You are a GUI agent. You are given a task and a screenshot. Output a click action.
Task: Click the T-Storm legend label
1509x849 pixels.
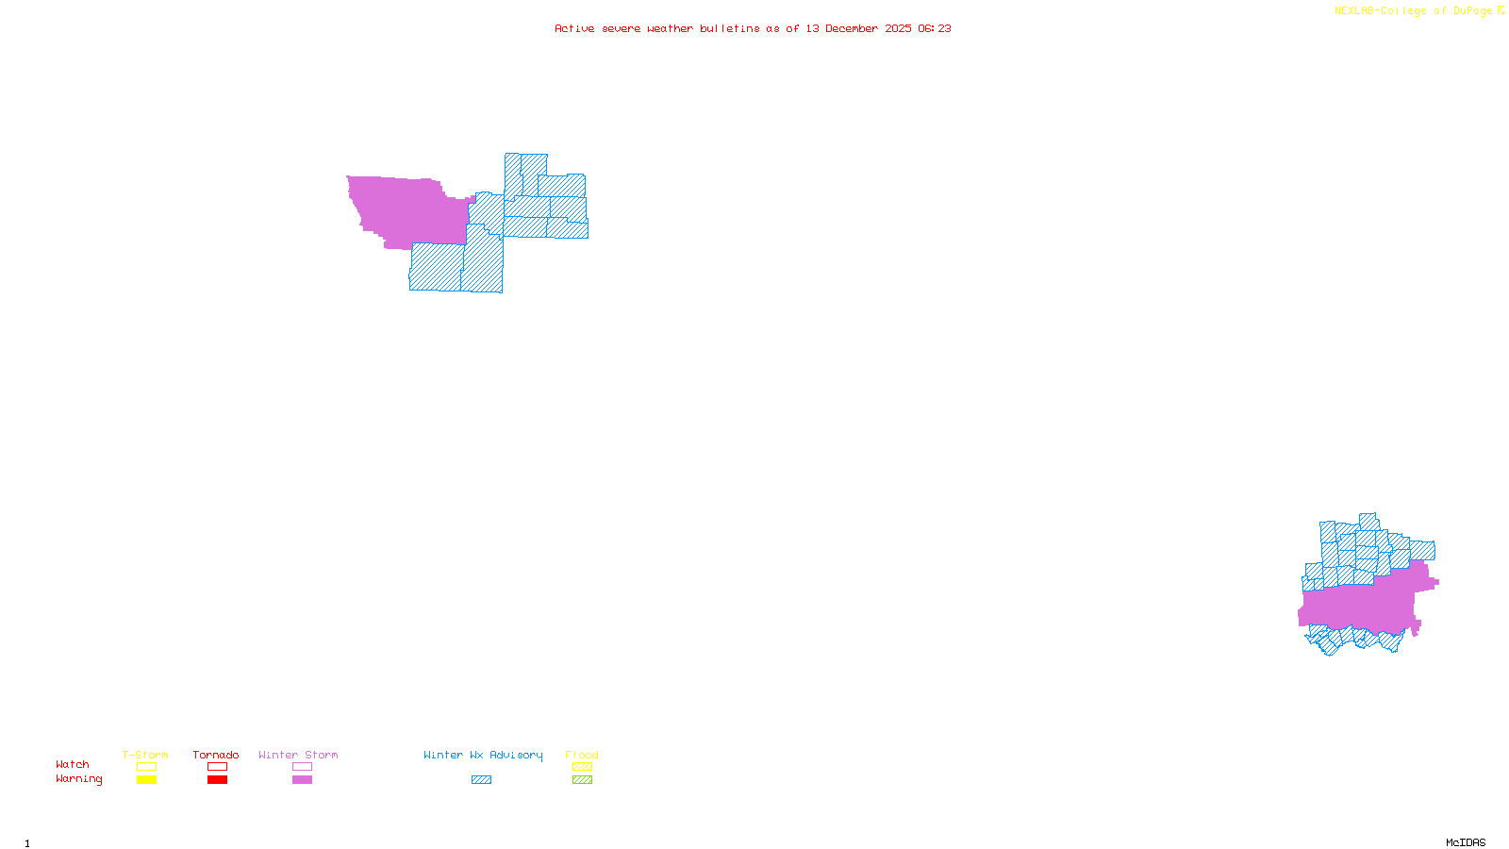coord(145,755)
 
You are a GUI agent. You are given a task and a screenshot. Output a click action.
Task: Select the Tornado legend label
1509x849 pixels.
coord(216,755)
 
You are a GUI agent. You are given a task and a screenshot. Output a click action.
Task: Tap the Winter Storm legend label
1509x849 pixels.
coord(298,755)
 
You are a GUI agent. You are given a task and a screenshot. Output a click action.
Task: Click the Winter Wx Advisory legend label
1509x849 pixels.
coord(483,755)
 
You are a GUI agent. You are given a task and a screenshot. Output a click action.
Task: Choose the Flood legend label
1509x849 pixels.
coord(582,755)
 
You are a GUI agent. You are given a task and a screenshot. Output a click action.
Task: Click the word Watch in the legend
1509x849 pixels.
coord(73,764)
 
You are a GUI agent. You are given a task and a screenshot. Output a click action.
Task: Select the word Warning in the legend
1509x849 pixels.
coord(78,779)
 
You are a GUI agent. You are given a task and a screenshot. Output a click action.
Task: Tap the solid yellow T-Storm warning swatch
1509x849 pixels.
coord(146,780)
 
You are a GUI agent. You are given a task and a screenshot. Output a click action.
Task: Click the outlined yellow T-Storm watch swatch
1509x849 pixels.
coord(146,767)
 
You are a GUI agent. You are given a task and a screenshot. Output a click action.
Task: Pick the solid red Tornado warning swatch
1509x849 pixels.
coord(217,780)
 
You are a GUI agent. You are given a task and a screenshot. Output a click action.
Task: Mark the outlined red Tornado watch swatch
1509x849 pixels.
coord(217,767)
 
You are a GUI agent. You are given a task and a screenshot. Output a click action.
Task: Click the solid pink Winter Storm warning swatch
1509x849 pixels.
coord(302,780)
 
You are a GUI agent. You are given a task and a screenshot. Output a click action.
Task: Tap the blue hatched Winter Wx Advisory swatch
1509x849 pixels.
coord(481,780)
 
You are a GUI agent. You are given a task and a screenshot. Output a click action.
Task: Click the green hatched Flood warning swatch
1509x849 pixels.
coord(582,780)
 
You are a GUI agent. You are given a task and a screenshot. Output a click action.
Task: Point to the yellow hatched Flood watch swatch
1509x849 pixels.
coord(582,767)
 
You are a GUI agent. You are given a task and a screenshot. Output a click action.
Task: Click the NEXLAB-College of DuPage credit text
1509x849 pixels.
coord(1414,11)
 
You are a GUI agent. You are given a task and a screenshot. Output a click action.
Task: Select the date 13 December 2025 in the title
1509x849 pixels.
coord(858,28)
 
